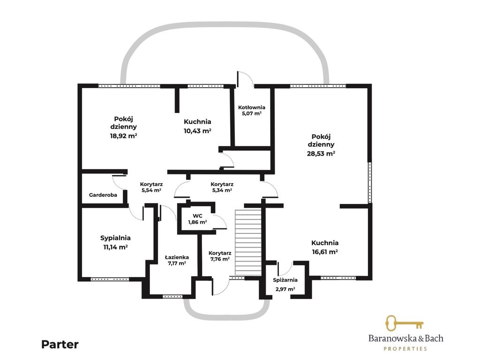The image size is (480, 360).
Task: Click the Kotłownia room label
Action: point(252,107)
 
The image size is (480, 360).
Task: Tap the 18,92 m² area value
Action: point(123,136)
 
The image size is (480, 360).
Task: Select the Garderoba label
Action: point(103,195)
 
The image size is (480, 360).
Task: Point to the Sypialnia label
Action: point(115,238)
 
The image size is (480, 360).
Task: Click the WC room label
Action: point(197,216)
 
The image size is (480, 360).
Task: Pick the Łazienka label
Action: point(177,257)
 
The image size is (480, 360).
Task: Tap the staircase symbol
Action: point(248,242)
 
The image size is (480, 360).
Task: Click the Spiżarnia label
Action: point(285,280)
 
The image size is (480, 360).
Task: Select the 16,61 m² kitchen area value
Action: point(325,252)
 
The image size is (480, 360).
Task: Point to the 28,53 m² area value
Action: point(321,153)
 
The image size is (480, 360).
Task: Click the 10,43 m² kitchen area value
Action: point(197,131)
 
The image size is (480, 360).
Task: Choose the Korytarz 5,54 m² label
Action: point(151,187)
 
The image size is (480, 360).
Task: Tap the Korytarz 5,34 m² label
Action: point(222,187)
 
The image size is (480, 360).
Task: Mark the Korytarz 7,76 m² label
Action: point(220,256)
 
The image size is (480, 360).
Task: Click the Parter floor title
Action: point(60,345)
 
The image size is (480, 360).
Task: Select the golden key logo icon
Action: point(404,323)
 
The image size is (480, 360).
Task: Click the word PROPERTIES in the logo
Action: point(405,349)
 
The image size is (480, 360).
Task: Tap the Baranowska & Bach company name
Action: point(405,338)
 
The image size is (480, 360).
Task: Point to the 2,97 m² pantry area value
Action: point(285,289)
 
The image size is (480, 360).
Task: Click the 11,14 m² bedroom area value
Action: point(115,247)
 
